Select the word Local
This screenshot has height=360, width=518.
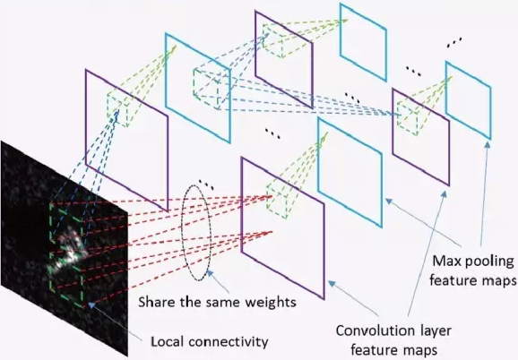pyautogui.click(x=168, y=342)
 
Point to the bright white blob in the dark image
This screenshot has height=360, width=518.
pyautogui.click(x=70, y=249)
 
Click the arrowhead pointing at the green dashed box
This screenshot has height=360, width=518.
pyautogui.click(x=91, y=304)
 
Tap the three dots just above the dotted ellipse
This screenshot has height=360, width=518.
pyautogui.click(x=206, y=184)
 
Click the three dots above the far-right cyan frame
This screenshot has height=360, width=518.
pyautogui.click(x=454, y=42)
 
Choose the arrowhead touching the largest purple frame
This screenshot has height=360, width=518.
pyautogui.click(x=332, y=283)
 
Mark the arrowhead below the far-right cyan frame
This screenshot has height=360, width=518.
pyautogui.click(x=488, y=145)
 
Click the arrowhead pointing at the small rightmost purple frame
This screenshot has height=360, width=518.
pyautogui.click(x=445, y=194)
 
